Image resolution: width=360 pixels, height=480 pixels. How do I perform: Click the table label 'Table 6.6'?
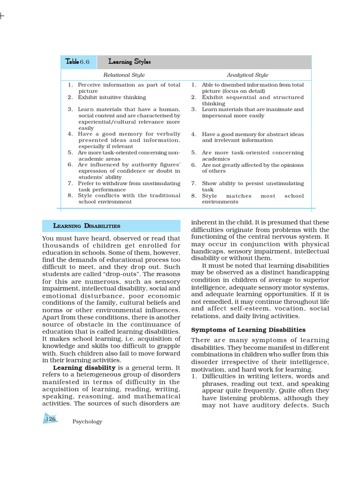78,62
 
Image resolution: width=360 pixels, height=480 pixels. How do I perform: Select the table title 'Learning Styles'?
129,62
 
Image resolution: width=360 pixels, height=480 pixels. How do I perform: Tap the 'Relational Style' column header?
124,75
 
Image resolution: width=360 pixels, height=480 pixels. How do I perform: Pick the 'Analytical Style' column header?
247,75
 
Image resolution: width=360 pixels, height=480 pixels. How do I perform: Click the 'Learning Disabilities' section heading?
87,226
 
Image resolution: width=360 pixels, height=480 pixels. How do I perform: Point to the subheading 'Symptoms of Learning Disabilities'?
248,330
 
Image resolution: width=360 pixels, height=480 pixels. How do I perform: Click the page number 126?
51,419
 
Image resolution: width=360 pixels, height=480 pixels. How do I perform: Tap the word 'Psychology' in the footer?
87,422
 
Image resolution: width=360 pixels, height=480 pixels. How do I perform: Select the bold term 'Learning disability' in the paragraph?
84,367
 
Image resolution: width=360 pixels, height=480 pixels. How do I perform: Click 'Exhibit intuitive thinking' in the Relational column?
112,97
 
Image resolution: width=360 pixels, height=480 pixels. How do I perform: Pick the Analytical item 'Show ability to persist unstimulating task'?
253,187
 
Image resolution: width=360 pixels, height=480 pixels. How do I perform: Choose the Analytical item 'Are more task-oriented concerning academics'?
253,156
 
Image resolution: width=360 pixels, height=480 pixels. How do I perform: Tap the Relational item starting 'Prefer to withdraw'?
129,187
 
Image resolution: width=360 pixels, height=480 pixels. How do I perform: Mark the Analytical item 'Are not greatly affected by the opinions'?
253,168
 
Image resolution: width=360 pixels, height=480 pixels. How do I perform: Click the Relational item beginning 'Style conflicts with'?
129,199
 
